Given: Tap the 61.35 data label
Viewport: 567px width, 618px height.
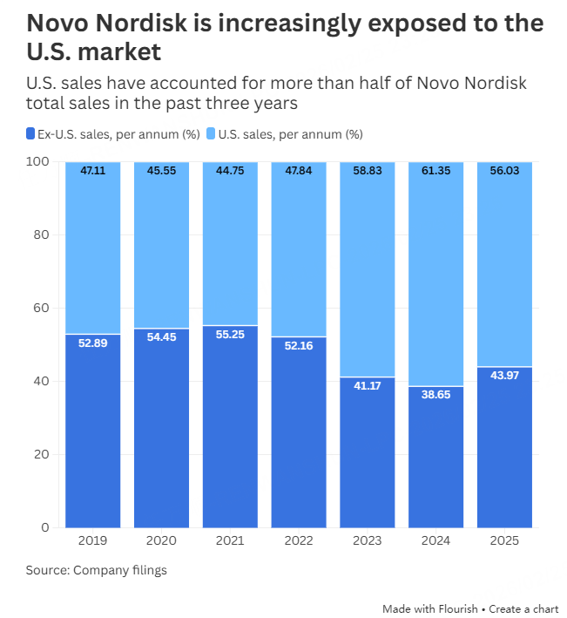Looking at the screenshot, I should (436, 171).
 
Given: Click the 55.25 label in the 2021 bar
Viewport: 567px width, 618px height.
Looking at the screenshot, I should (230, 335).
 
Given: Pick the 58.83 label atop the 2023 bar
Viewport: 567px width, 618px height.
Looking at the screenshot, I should (368, 171).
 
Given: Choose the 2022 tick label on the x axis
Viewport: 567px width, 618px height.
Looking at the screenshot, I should (299, 541).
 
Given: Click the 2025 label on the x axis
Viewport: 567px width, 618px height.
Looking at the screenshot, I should (505, 541).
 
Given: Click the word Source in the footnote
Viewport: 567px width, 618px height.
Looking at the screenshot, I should (46, 571).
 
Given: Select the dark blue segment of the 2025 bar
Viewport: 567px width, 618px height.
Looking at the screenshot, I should (505, 453).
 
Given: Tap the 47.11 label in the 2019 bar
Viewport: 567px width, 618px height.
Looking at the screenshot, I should (92, 171).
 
